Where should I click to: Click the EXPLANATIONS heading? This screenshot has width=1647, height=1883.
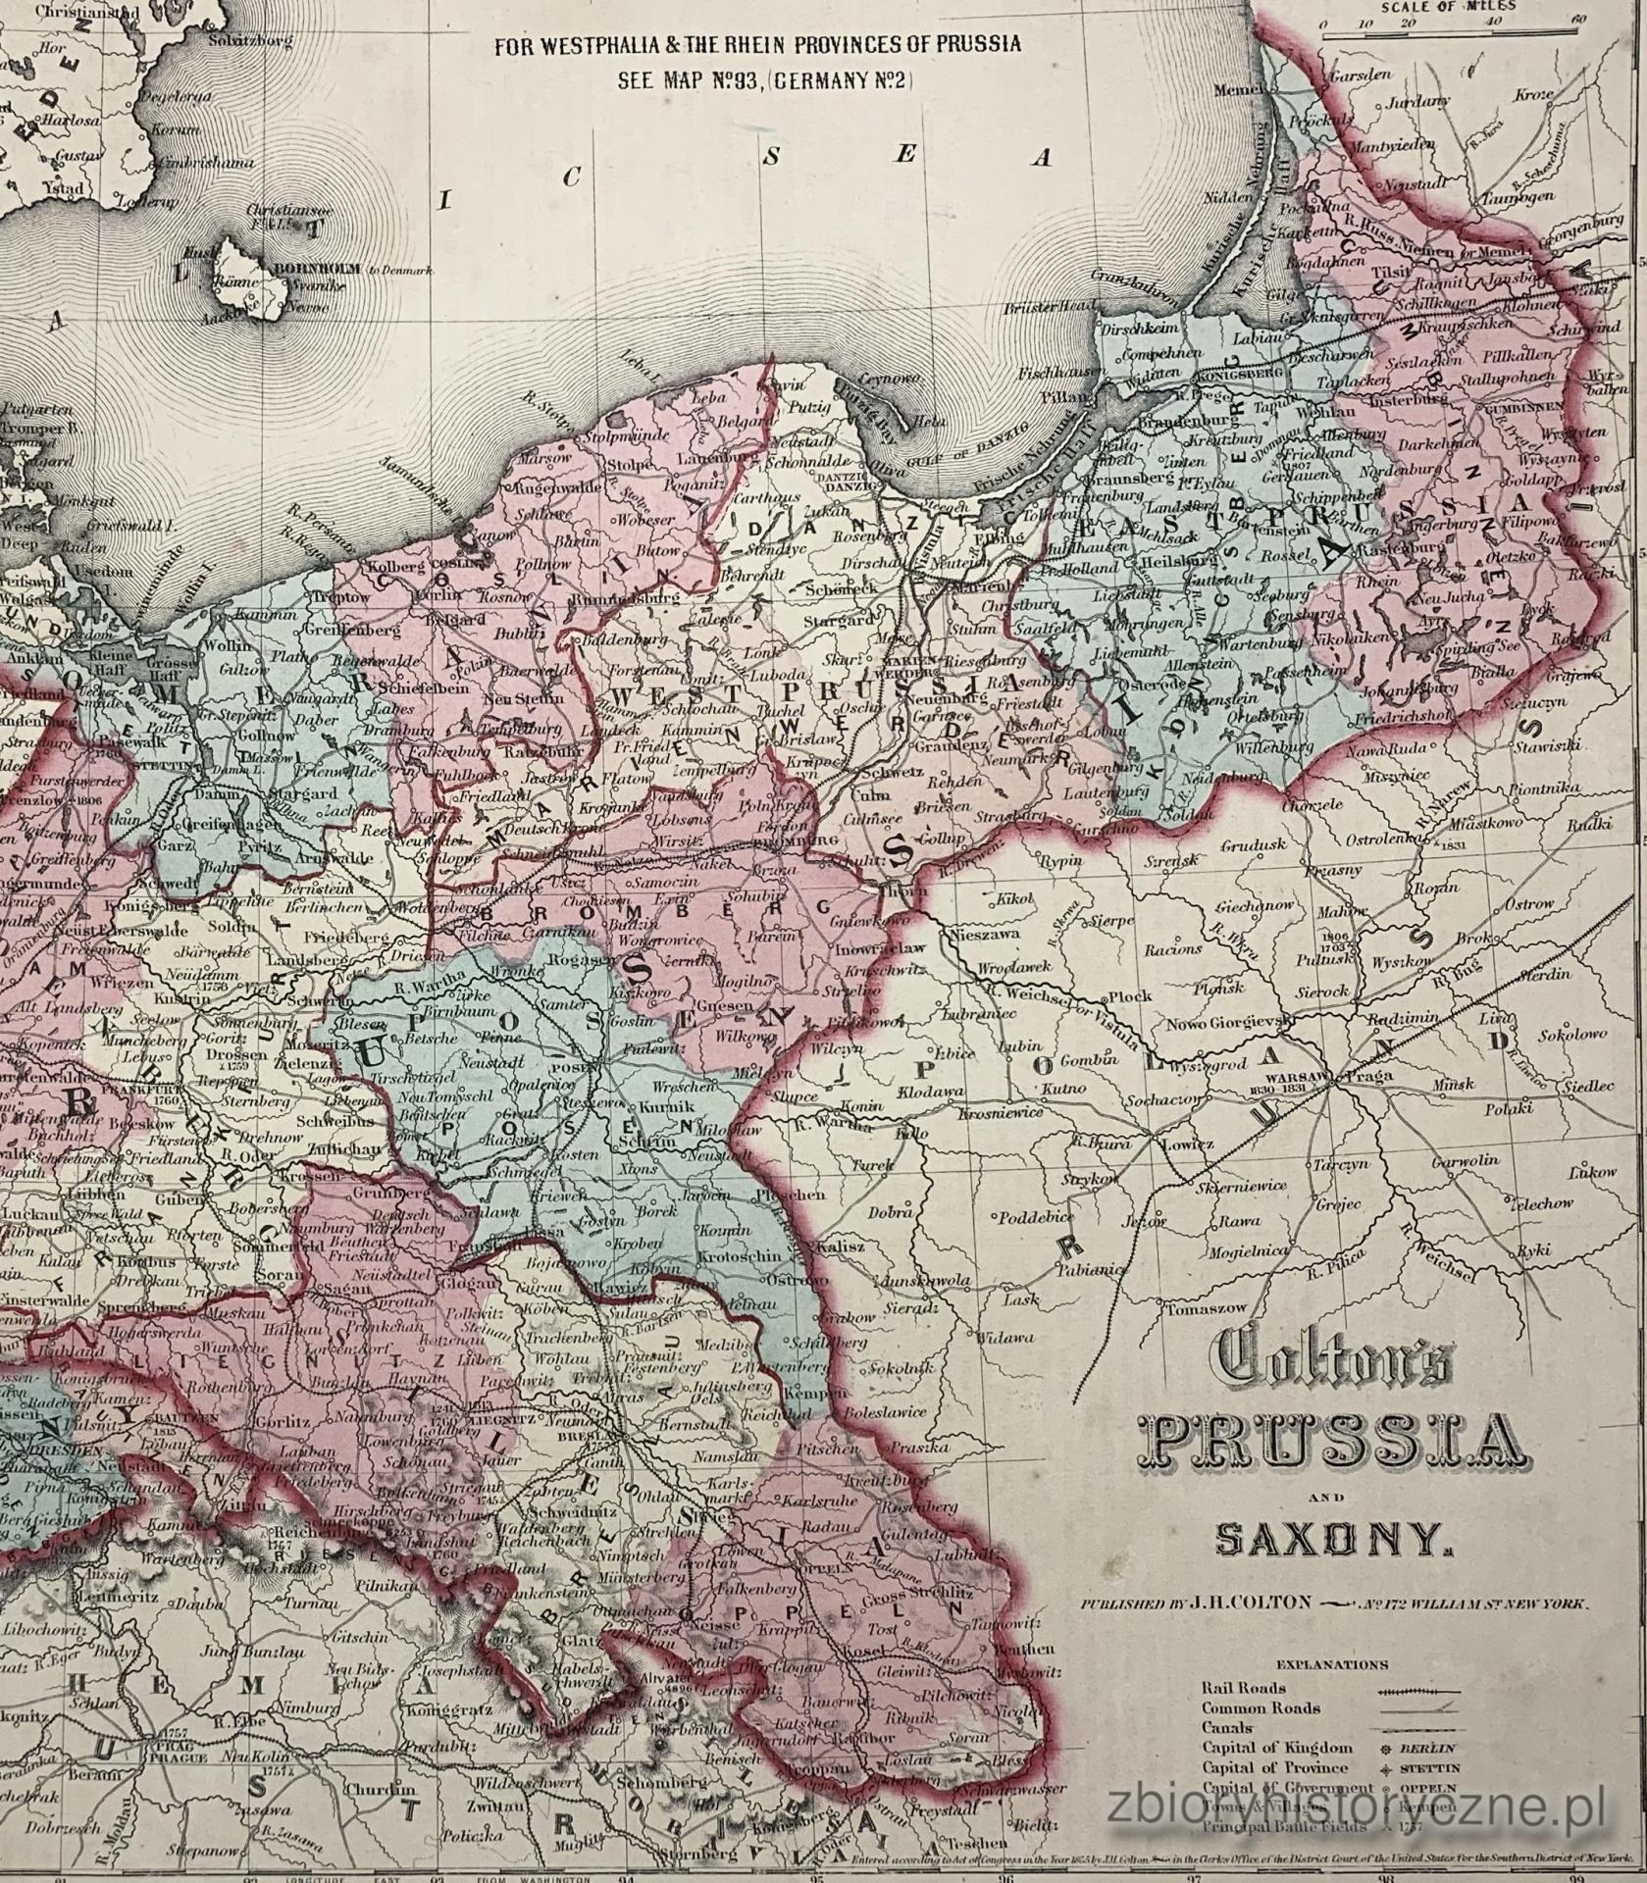coord(1332,1664)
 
